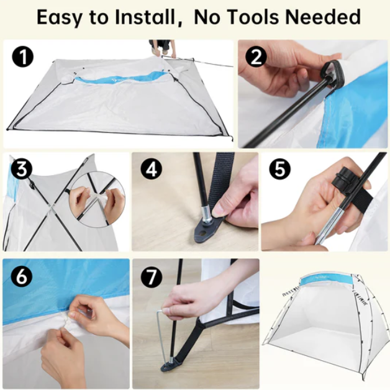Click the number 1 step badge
point(22,57)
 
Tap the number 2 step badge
point(256,57)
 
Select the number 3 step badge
point(22,170)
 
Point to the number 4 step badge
point(152,170)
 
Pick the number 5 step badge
point(280,169)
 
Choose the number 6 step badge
point(22,276)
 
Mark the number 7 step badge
point(152,276)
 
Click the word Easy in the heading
point(59,17)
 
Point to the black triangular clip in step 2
point(332,73)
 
